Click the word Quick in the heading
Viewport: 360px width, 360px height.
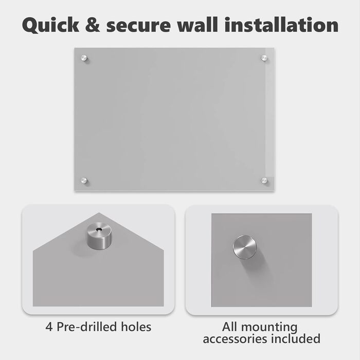[50, 25]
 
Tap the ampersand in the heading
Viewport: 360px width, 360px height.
[93, 25]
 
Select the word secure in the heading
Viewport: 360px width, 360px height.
[138, 26]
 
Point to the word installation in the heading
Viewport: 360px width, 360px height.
[281, 24]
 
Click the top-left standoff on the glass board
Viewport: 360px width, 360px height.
[84, 58]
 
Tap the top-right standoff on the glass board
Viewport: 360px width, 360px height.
[264, 58]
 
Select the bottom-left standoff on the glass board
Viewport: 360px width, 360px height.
[84, 181]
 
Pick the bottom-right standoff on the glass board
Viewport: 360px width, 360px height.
[264, 181]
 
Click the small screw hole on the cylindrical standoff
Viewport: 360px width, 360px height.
[99, 229]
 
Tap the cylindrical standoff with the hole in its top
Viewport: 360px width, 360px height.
[99, 236]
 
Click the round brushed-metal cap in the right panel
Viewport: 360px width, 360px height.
[244, 247]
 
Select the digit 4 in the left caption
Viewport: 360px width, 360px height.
[49, 327]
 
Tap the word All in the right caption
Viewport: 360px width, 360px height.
[230, 327]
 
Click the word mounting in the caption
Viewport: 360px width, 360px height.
[269, 328]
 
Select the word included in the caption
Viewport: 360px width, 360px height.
[296, 338]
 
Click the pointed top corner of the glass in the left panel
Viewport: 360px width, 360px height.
[99, 213]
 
